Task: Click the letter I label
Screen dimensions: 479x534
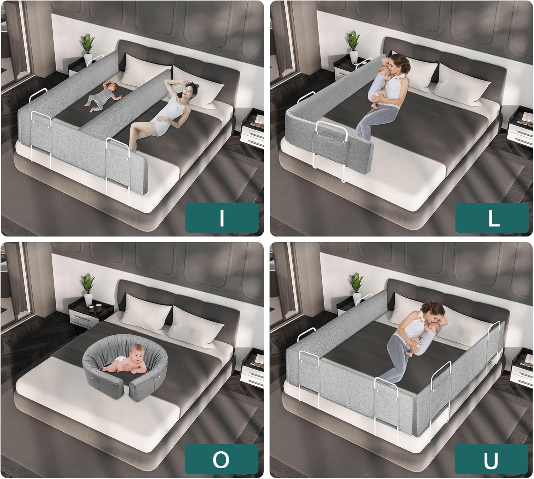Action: (x=221, y=218)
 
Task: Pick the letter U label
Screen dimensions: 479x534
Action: (x=492, y=460)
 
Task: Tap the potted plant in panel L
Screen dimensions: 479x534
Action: (x=353, y=46)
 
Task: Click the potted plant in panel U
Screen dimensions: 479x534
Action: (x=356, y=287)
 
